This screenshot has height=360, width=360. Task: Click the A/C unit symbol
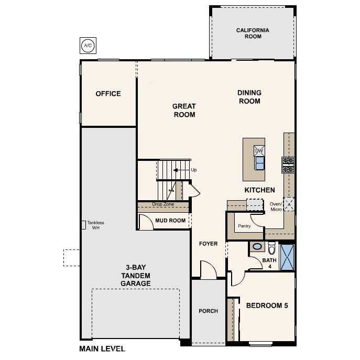click(87, 46)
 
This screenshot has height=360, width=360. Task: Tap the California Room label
click(253, 34)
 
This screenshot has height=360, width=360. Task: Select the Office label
click(108, 94)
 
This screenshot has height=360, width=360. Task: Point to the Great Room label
click(184, 111)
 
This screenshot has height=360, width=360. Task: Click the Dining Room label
click(250, 97)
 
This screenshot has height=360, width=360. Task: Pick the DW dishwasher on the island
click(258, 151)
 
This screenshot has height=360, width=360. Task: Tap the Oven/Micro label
click(276, 206)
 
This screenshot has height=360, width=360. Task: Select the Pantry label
click(244, 226)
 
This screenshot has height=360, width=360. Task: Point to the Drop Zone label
click(163, 204)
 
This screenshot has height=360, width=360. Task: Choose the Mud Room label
click(170, 221)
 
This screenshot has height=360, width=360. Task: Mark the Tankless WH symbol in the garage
click(83, 224)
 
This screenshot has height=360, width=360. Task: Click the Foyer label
click(208, 244)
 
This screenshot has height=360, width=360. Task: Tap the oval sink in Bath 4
click(257, 246)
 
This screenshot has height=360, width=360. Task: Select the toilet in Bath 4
click(271, 247)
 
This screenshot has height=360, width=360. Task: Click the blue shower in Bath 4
click(287, 257)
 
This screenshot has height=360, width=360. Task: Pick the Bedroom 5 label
click(267, 305)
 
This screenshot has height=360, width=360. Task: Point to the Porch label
click(208, 311)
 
